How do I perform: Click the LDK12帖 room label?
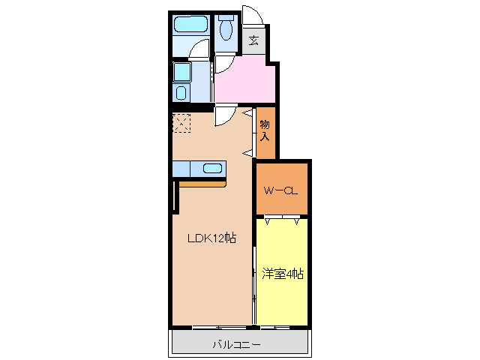pyautogui.click(x=212, y=238)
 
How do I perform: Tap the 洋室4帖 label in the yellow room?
pyautogui.click(x=283, y=274)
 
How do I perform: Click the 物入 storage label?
pyautogui.click(x=265, y=130)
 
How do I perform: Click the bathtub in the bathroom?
pyautogui.click(x=190, y=25)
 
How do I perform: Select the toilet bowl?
pyautogui.click(x=226, y=29)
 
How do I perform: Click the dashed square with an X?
pyautogui.click(x=182, y=122)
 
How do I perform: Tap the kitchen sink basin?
pyautogui.click(x=211, y=169)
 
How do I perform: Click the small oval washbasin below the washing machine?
pyautogui.click(x=181, y=93)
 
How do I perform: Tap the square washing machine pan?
pyautogui.click(x=182, y=73)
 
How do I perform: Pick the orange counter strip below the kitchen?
pyautogui.click(x=202, y=182)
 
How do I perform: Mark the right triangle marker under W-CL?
pyautogui.click(x=297, y=221)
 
